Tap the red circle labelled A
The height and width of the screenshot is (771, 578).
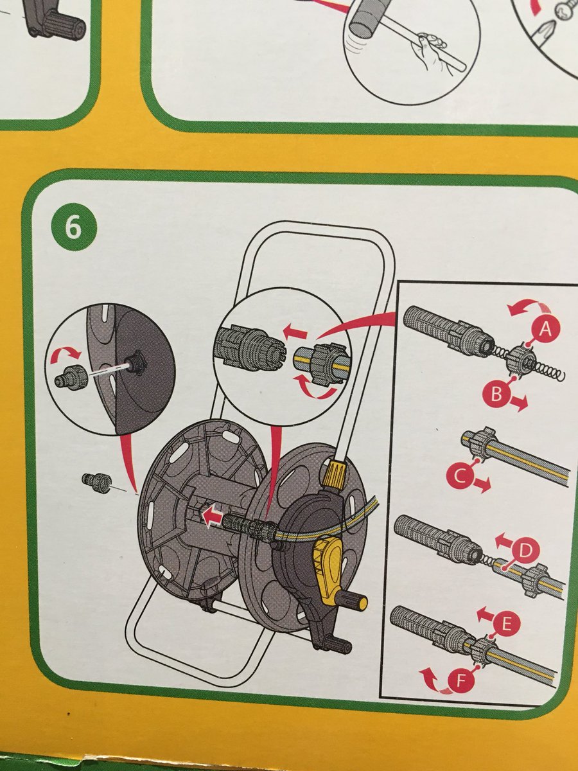pyautogui.click(x=545, y=329)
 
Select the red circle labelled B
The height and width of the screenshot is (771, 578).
pyautogui.click(x=496, y=394)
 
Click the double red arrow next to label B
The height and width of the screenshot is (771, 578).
pyautogui.click(x=518, y=403)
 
